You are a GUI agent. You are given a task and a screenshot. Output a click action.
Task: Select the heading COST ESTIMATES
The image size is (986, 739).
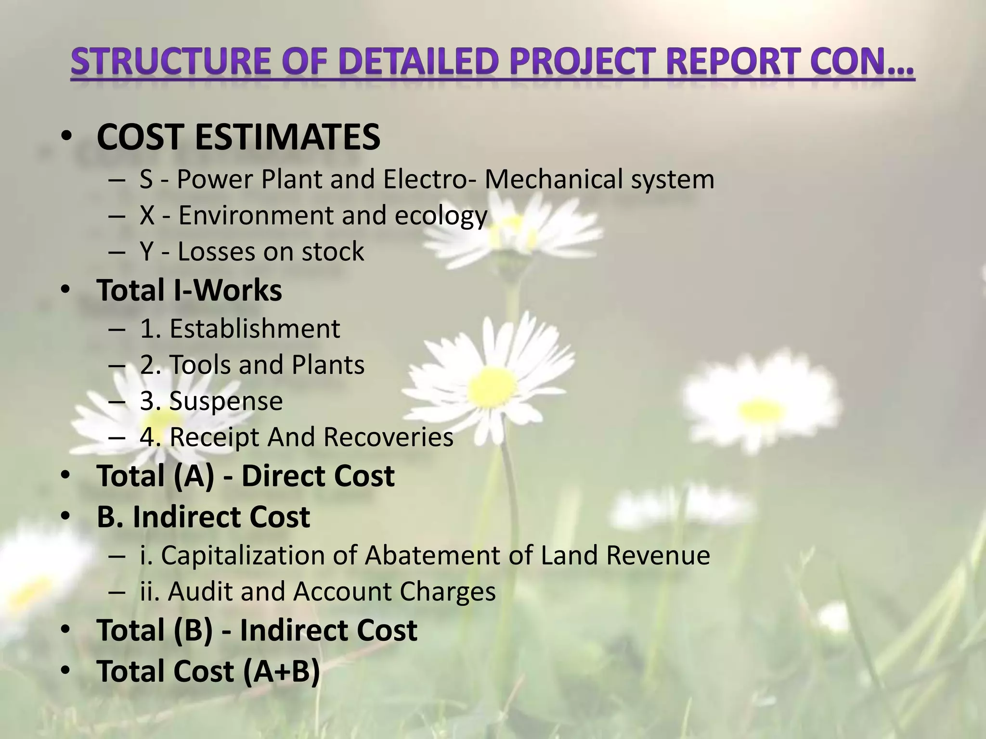tap(238, 137)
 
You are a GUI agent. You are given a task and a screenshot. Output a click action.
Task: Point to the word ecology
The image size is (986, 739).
tap(441, 216)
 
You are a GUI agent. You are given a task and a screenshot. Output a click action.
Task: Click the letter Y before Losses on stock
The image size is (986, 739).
tap(146, 252)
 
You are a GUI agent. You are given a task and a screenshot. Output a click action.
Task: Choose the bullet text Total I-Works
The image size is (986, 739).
tap(189, 290)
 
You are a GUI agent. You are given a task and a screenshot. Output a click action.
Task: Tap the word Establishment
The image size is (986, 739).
tap(255, 329)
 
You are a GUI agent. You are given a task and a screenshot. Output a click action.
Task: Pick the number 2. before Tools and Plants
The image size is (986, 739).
tap(150, 365)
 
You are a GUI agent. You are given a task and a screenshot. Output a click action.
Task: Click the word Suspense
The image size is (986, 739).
tap(226, 401)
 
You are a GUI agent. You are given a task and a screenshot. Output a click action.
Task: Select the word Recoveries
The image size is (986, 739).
tap(388, 437)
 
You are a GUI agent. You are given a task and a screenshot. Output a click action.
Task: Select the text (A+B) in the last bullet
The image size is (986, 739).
tap(281, 671)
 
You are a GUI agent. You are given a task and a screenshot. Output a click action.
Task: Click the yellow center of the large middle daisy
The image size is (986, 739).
tap(491, 385)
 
